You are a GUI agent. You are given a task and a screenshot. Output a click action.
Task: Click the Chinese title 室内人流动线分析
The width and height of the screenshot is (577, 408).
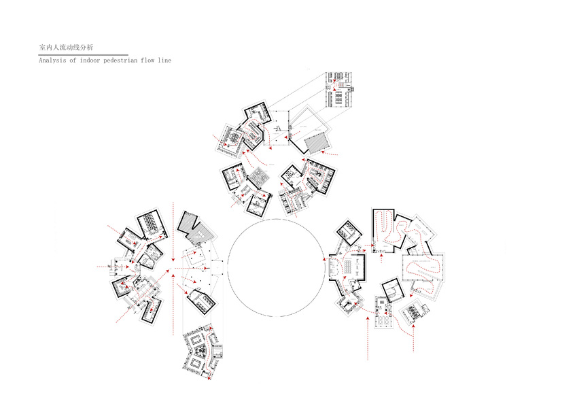tap(66, 48)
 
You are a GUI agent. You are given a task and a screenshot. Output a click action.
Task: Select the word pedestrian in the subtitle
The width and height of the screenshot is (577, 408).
tap(120, 61)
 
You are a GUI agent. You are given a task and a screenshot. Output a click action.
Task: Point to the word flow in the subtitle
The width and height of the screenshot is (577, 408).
tap(147, 61)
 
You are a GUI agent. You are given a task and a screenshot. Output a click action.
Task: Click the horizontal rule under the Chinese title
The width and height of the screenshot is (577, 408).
tap(83, 55)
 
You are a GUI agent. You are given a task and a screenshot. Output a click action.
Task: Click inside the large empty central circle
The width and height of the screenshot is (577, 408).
tap(276, 268)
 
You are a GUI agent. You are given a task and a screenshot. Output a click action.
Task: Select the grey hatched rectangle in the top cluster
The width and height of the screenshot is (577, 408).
tap(317, 143)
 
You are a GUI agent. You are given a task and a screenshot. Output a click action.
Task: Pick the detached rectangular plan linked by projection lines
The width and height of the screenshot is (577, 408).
tap(339, 90)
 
